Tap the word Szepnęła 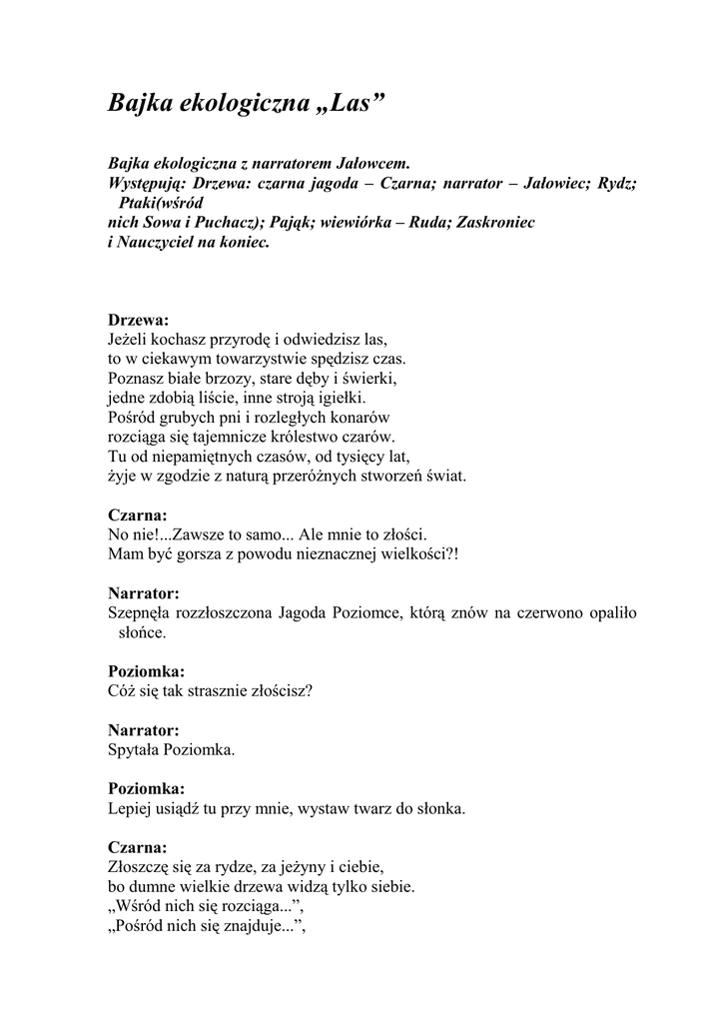point(138,612)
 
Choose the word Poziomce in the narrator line point(363,612)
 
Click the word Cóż point(123,690)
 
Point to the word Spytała point(138,748)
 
